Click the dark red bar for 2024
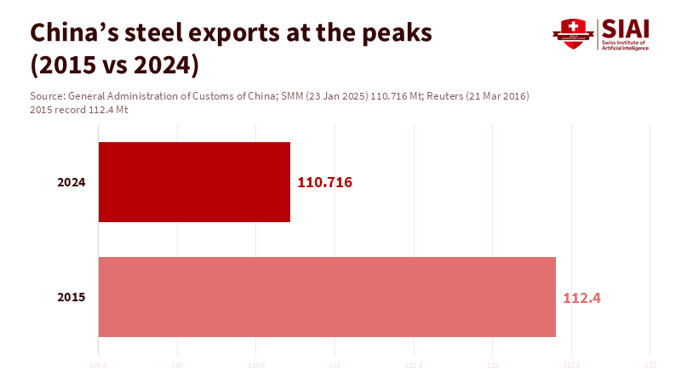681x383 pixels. click(x=194, y=182)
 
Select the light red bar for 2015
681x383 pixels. click(x=327, y=297)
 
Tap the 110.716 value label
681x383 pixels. click(x=325, y=183)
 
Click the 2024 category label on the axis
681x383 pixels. click(x=71, y=183)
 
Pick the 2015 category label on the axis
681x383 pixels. click(x=71, y=298)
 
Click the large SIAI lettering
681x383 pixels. click(x=626, y=28)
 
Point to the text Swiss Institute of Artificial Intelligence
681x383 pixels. click(x=625, y=45)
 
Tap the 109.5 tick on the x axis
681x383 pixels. click(x=100, y=367)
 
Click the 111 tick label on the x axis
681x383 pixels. click(x=335, y=367)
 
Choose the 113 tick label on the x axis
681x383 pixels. click(x=650, y=367)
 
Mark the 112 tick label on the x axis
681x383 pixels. click(x=492, y=367)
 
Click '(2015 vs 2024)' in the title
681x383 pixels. click(x=114, y=65)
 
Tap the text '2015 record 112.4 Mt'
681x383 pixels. click(x=78, y=110)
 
